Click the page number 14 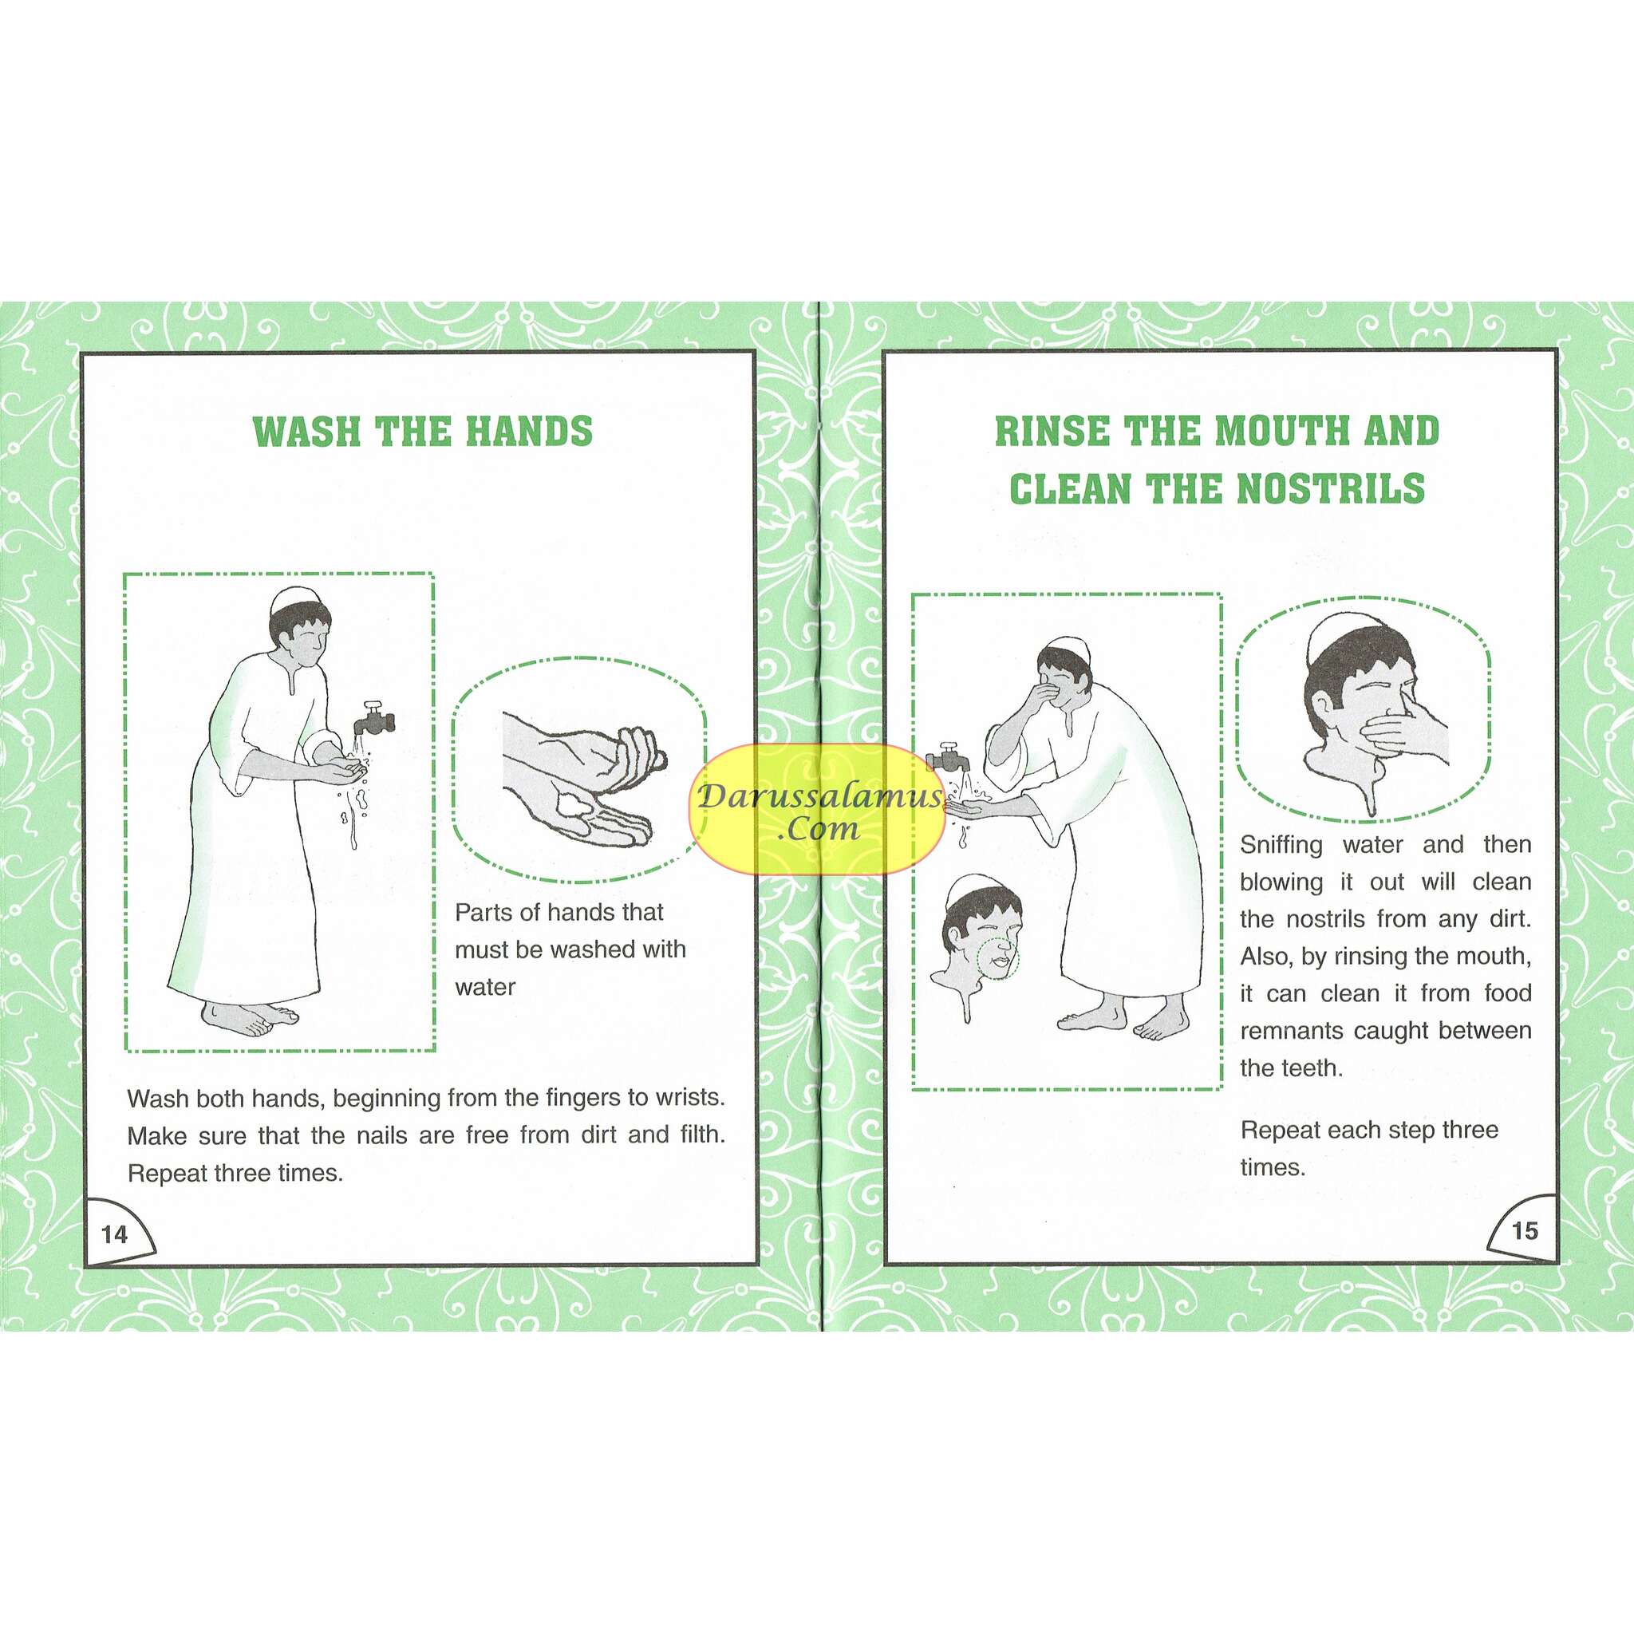tap(114, 1234)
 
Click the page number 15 tap(1524, 1230)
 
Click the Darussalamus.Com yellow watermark tap(818, 809)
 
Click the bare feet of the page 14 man tap(251, 1017)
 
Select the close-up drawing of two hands tap(579, 778)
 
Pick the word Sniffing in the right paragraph tap(1281, 845)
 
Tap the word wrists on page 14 tap(689, 1098)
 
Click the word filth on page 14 tap(701, 1135)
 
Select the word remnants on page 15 tap(1293, 1031)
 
